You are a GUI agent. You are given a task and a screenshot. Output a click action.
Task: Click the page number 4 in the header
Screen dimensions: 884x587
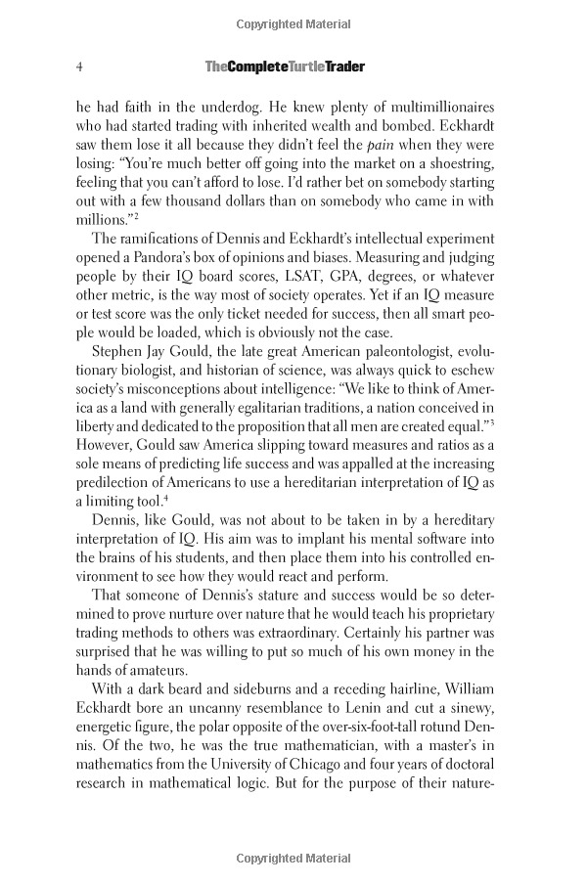point(77,66)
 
